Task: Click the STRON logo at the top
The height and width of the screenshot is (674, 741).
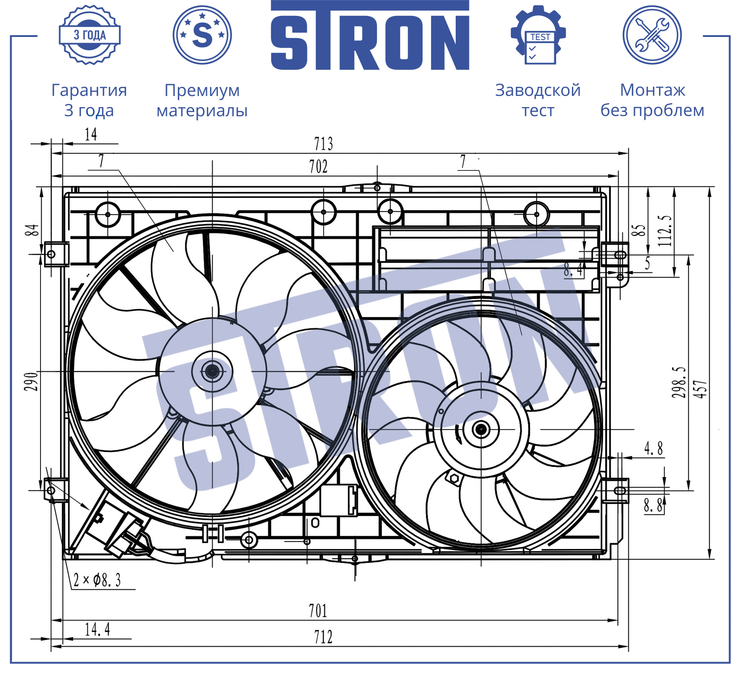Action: point(370,35)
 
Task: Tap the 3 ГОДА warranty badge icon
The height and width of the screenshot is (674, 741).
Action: point(90,35)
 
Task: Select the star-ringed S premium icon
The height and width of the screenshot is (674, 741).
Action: point(202,35)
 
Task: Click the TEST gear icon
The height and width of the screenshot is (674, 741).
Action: point(538,35)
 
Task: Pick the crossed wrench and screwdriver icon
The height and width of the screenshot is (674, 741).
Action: point(652,35)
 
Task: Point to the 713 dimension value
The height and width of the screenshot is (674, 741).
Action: point(323,144)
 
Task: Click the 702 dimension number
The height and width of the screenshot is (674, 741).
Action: point(318,167)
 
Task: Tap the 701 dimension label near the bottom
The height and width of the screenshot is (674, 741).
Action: point(318,611)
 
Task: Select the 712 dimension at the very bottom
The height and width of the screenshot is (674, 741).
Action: point(323,637)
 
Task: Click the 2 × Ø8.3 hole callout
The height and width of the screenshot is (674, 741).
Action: point(97,580)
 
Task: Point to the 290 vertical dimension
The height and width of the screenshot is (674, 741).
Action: point(31,381)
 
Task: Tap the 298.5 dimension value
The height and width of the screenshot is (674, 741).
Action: point(678,382)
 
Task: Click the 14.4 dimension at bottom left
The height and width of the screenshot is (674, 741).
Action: point(97,630)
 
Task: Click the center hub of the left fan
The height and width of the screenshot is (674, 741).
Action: point(212,371)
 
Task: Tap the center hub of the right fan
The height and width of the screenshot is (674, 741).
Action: point(481,429)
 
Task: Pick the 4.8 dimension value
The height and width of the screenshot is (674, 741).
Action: point(653,449)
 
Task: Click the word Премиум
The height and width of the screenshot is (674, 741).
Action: point(202,91)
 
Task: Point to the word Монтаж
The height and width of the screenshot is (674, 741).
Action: point(653,90)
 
